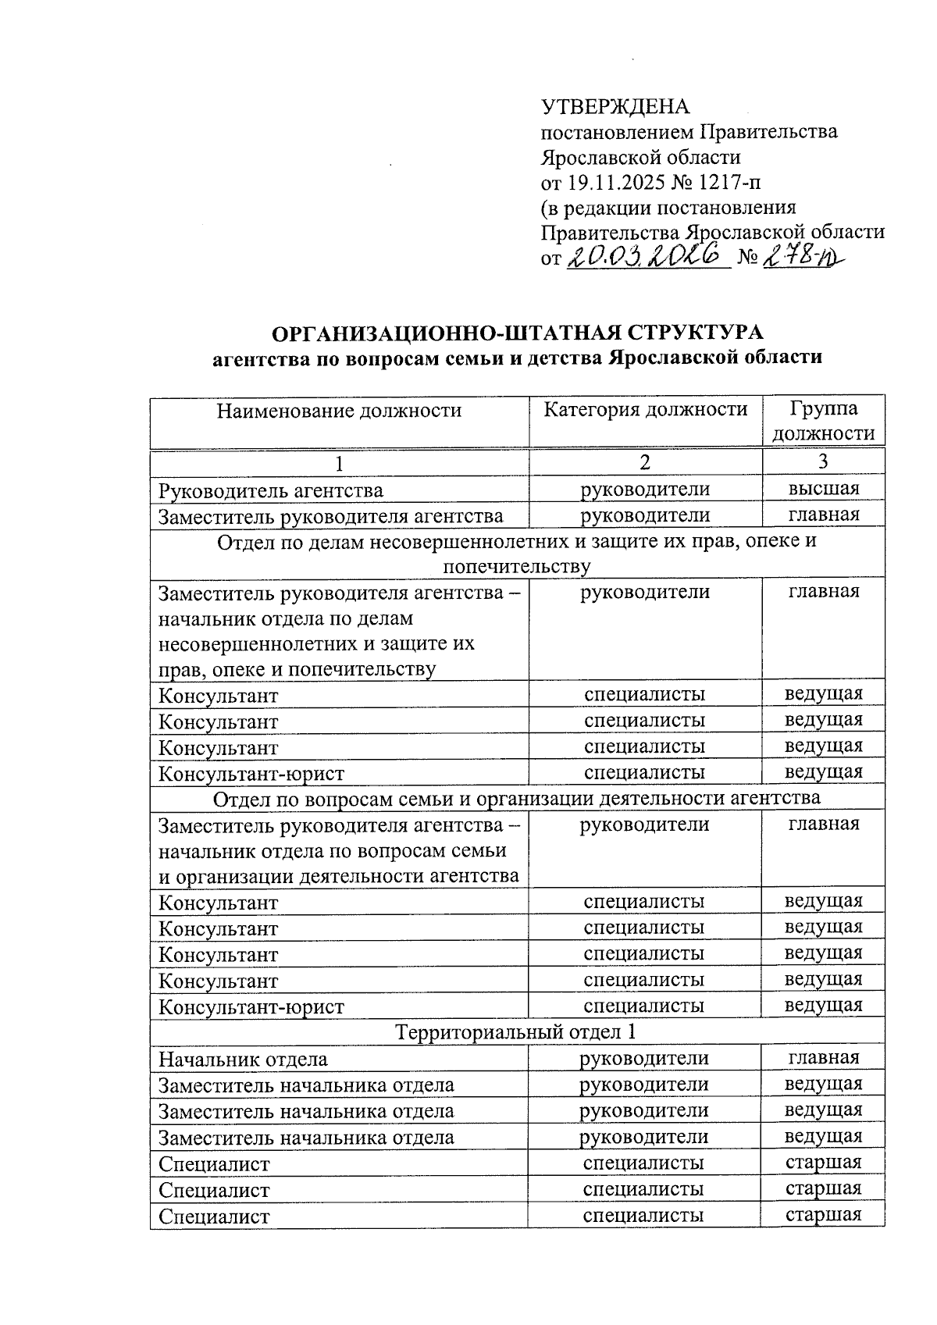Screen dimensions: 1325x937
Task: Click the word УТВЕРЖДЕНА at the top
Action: point(616,106)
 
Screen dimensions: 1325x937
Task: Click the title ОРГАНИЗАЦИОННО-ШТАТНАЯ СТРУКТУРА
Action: point(517,333)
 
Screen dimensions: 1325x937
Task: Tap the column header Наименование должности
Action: point(339,411)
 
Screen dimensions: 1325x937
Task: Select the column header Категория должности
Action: point(645,409)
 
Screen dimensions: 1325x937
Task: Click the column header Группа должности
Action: point(823,421)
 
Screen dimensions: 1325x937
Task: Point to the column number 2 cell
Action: point(645,462)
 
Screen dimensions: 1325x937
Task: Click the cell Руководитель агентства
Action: point(271,490)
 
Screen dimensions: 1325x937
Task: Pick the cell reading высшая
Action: point(823,489)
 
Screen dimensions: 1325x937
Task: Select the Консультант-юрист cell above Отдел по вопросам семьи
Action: point(251,773)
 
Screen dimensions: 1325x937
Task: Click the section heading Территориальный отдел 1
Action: point(516,1032)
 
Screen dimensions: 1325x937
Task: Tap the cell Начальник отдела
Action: point(243,1059)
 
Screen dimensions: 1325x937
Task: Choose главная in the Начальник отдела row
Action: point(823,1057)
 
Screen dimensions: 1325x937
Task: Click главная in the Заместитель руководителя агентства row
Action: point(823,515)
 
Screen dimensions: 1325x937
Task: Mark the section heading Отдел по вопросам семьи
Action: point(516,798)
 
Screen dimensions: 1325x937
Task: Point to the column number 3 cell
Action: point(823,462)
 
